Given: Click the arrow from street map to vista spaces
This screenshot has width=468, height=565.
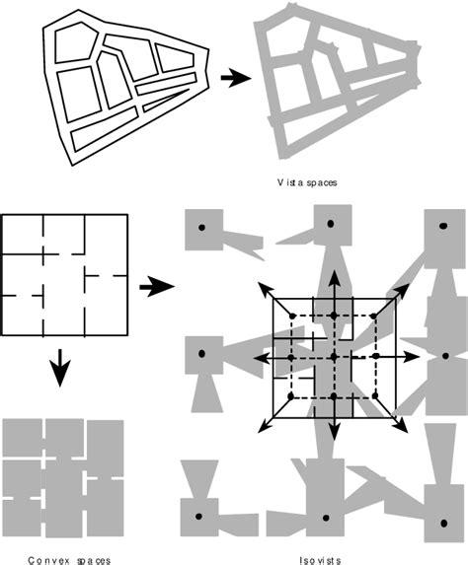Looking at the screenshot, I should coord(233,77).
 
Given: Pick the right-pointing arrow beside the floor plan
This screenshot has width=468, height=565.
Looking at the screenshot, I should coord(156,288).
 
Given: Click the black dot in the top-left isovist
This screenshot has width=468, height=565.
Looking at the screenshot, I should coord(201,228).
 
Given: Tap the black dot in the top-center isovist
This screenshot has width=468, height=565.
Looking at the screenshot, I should coord(331,225).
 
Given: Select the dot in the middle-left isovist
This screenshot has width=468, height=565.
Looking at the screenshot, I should coord(201,352).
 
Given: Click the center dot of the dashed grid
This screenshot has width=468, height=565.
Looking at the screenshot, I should coord(334,355).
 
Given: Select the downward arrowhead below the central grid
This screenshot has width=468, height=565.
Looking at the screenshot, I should coord(334,435).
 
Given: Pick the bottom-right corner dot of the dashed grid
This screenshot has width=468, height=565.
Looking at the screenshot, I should coord(376,396).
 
